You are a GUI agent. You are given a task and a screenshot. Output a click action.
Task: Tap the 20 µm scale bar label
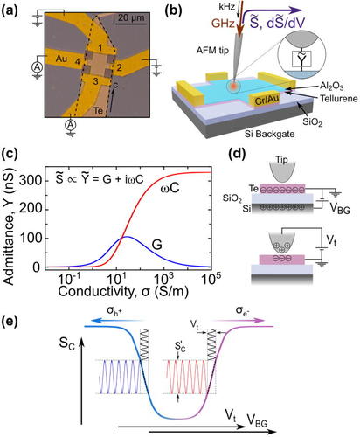pos(131,17)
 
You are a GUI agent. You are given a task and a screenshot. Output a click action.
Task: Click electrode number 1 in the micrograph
pos(100,47)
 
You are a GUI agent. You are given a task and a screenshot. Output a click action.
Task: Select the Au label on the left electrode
pos(61,59)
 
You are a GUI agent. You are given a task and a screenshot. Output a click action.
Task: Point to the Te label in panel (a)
pos(98,110)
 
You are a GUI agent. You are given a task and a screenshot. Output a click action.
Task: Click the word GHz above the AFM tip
pos(223,23)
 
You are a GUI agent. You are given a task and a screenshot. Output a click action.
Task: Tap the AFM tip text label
pos(212,51)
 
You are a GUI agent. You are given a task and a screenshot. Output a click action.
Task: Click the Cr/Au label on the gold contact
pos(267,100)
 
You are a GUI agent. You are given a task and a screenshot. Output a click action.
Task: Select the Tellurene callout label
pos(339,99)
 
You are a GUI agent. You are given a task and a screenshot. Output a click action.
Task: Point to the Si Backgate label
pos(269,134)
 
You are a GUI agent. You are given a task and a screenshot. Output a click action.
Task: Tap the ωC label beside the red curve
pos(170,188)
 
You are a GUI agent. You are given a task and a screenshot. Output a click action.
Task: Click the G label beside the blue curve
pos(157,245)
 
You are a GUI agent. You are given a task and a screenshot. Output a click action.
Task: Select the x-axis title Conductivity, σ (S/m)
pos(123,291)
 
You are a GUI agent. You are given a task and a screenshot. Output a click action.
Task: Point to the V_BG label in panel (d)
pos(340,208)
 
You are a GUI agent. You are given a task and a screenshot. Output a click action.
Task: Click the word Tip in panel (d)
pos(281,160)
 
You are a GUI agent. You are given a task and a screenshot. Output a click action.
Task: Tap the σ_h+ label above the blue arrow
pos(114,310)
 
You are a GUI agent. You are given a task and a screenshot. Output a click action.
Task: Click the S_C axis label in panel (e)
pos(66,343)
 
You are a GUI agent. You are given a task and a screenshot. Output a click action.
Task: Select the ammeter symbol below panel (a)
pos(70,125)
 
